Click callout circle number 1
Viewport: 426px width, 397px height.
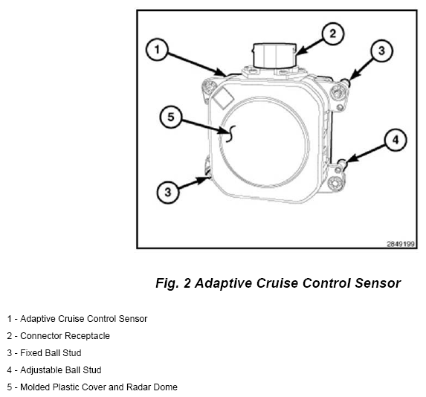pyautogui.click(x=157, y=50)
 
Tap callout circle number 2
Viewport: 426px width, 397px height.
pyautogui.click(x=333, y=33)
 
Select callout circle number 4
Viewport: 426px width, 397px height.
pyautogui.click(x=396, y=140)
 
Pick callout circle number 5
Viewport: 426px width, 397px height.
pyautogui.click(x=170, y=117)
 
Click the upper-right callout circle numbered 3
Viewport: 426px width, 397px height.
pyautogui.click(x=381, y=51)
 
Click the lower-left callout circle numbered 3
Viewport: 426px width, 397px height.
pyautogui.click(x=168, y=193)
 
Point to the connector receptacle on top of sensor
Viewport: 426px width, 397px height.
pyautogui.click(x=274, y=56)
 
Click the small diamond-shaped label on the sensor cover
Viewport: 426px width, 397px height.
pyautogui.click(x=223, y=98)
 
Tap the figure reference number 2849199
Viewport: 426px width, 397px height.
pyautogui.click(x=401, y=244)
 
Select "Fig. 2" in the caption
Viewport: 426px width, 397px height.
pyautogui.click(x=173, y=283)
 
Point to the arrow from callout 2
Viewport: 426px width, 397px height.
pyautogui.click(x=310, y=47)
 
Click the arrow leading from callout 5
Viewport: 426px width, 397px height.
pyautogui.click(x=203, y=126)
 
